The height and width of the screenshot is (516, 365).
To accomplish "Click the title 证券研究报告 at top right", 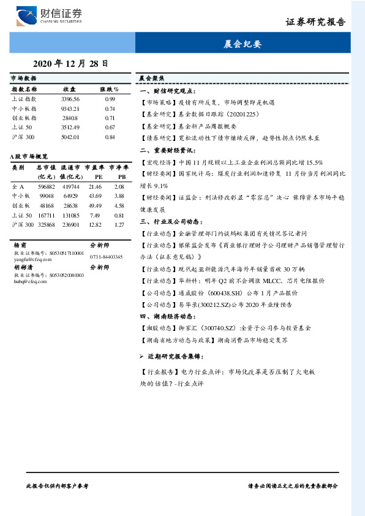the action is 315,22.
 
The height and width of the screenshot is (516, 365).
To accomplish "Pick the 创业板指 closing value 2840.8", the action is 70,118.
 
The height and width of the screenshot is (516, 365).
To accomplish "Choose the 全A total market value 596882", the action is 47,186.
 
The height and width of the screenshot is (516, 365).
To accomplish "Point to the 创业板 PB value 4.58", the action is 119,205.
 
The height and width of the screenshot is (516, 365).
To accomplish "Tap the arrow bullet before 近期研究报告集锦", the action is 141,356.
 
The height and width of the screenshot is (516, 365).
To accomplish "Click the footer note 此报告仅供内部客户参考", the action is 58,485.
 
